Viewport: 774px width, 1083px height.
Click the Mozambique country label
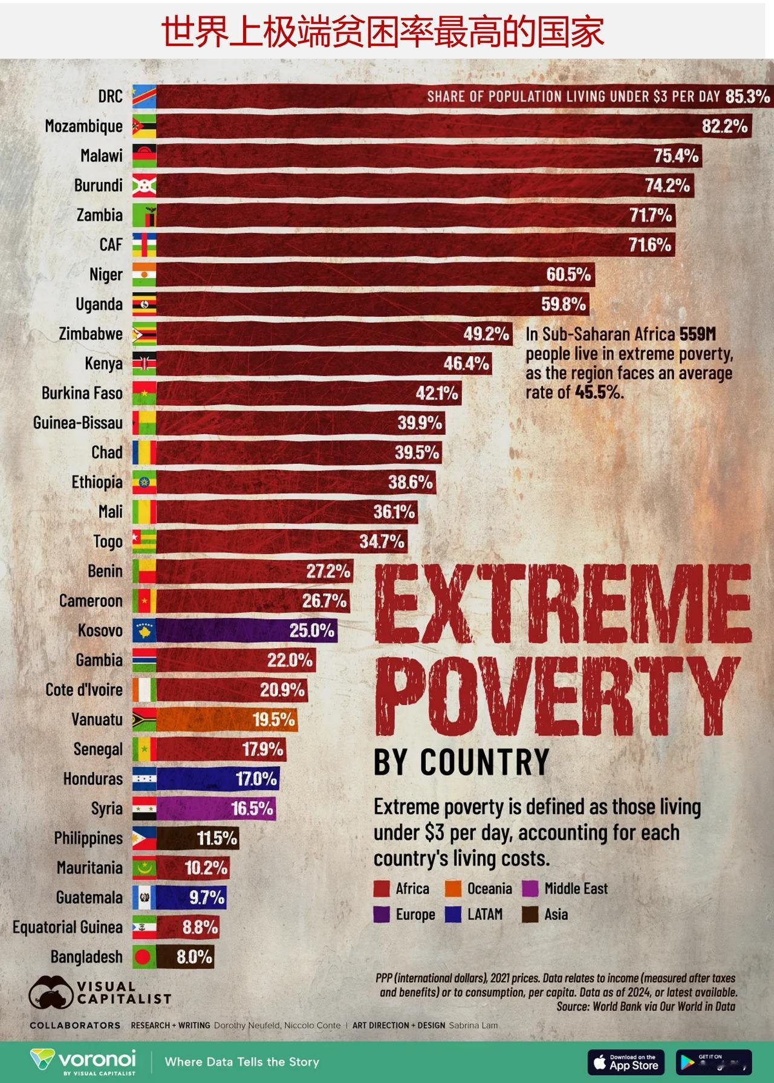click(x=83, y=126)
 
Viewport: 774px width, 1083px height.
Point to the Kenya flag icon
click(x=145, y=363)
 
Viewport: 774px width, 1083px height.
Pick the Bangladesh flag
click(x=145, y=957)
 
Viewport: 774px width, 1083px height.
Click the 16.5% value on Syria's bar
click(x=252, y=808)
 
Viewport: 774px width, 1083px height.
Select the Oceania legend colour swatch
click(x=454, y=889)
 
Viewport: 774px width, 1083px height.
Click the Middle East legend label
click(x=576, y=889)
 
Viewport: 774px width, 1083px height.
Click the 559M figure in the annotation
click(x=697, y=334)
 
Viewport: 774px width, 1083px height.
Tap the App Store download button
click(x=625, y=1062)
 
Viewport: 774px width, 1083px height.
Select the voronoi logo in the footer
click(x=83, y=1062)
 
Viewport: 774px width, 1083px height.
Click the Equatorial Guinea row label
click(x=68, y=927)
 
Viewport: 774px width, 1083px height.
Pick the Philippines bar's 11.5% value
click(x=216, y=838)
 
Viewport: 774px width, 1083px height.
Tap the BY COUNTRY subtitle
click(x=461, y=762)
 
